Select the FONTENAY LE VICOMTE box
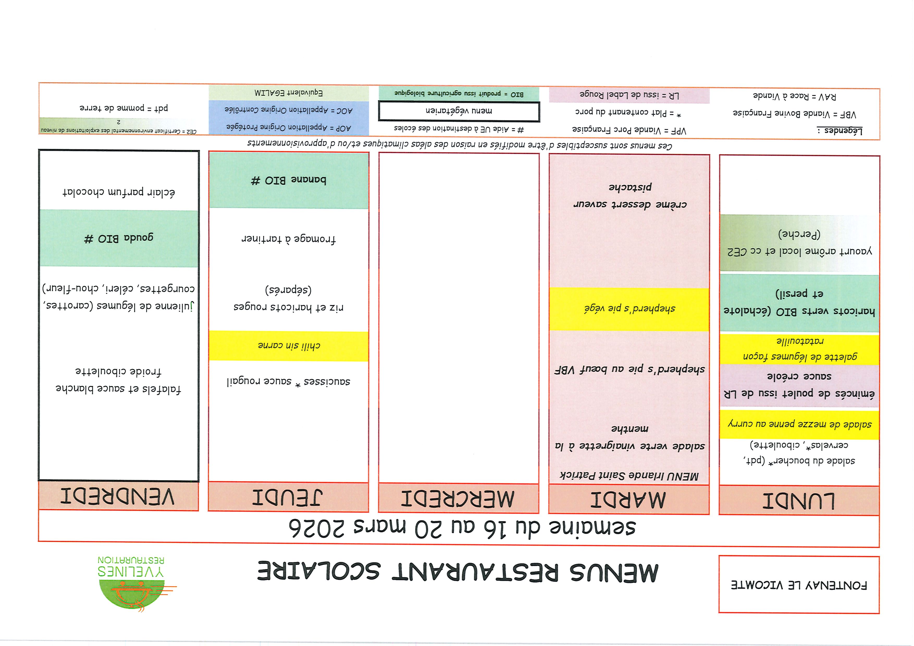click(799, 585)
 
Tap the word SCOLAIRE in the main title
click(318, 571)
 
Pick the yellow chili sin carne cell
click(289, 345)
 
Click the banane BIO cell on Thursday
click(289, 180)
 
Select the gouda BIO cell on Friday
click(119, 238)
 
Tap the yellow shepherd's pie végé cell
click(629, 309)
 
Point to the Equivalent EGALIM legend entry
click(289, 93)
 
